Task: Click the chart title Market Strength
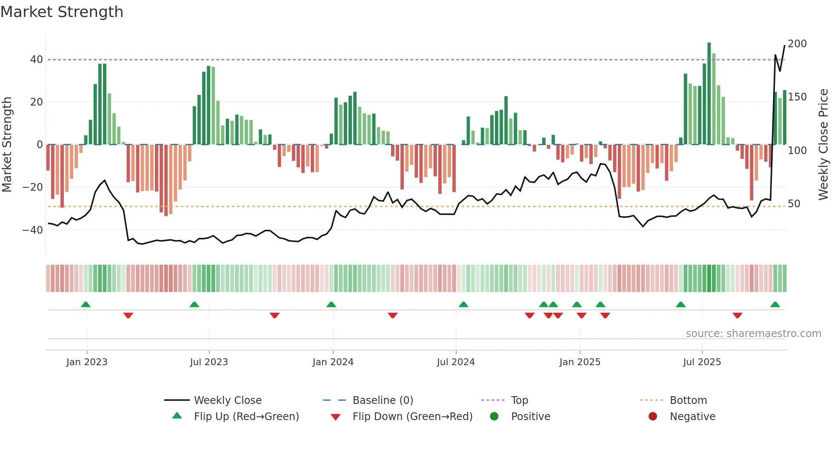(62, 12)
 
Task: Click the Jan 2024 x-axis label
(333, 362)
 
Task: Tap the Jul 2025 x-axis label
(702, 362)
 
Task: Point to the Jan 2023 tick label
(87, 362)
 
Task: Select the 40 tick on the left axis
(37, 60)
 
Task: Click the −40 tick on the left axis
(32, 230)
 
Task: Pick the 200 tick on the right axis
(797, 44)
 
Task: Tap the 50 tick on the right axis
(794, 204)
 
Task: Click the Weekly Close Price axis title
(823, 145)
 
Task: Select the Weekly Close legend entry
(228, 400)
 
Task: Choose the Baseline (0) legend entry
(383, 400)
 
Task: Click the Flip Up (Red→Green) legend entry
(246, 417)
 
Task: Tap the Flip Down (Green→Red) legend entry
(412, 417)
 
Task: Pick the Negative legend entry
(692, 417)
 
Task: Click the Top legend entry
(519, 400)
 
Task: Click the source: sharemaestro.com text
(753, 334)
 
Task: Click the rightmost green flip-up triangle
(775, 305)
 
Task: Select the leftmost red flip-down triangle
(128, 315)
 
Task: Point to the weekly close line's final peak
(785, 46)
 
